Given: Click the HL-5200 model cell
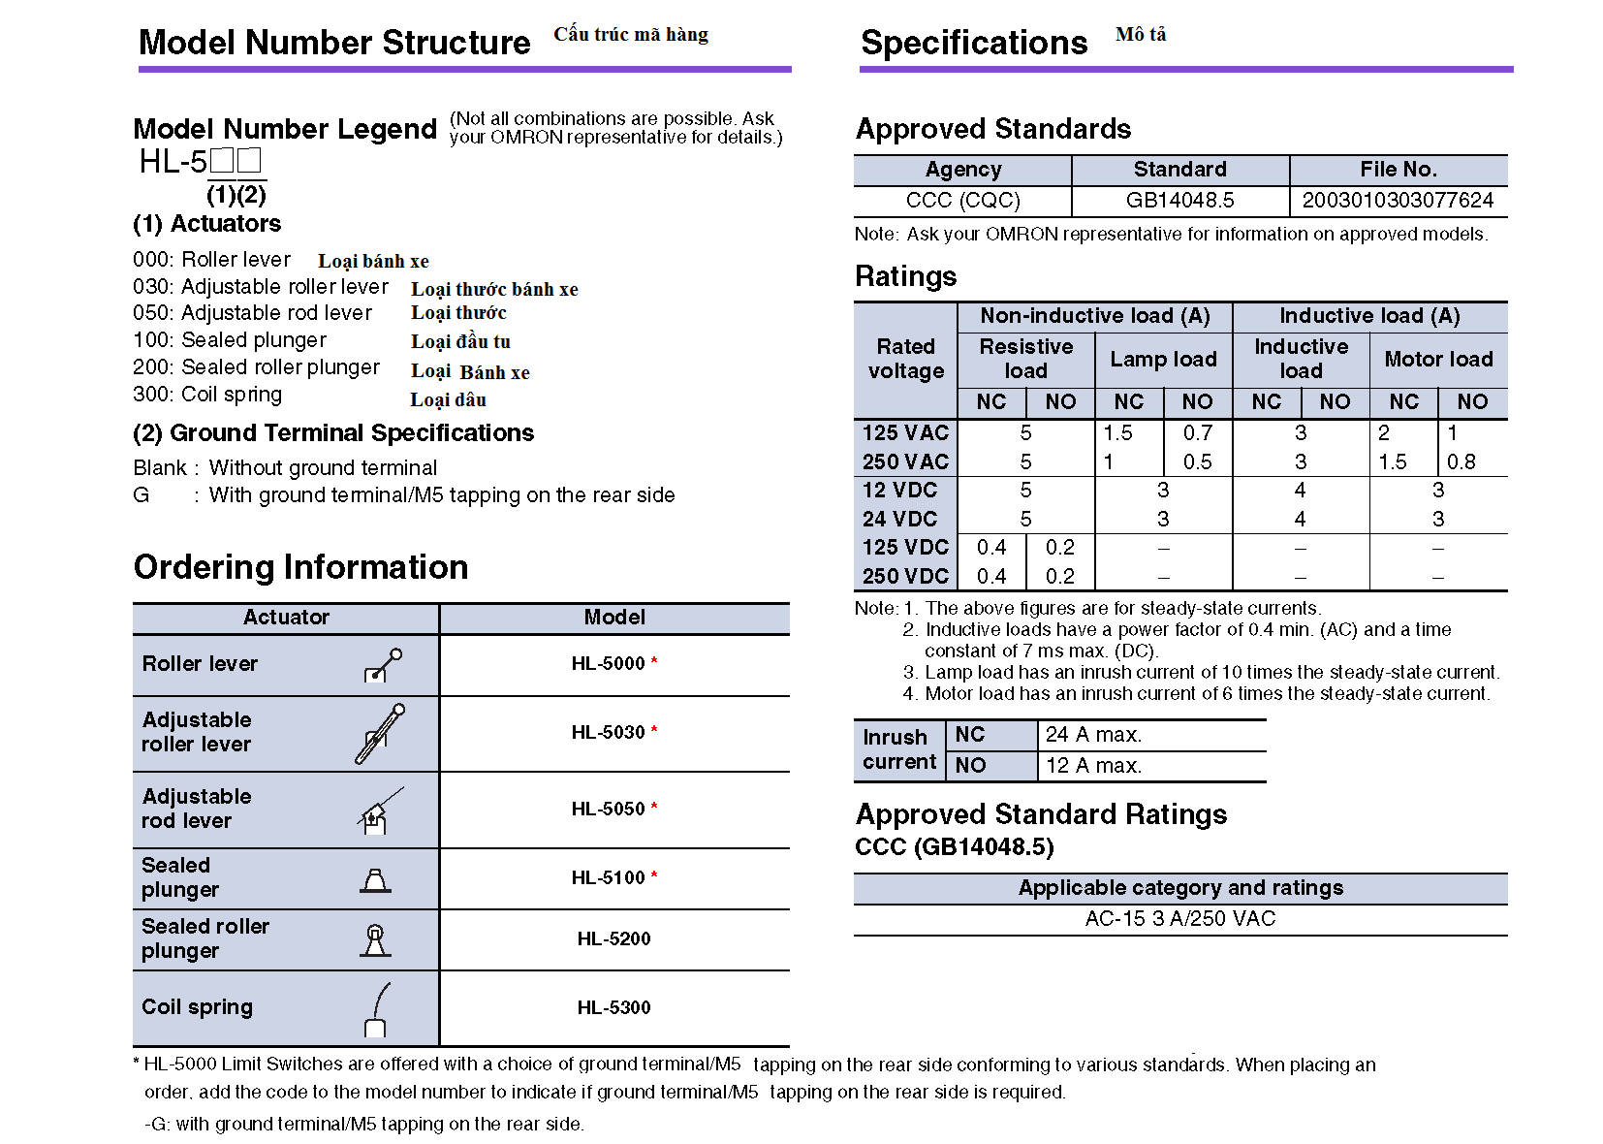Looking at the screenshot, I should tap(613, 938).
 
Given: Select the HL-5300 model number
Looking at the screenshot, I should tap(613, 1007).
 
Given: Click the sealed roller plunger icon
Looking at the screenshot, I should tap(375, 939).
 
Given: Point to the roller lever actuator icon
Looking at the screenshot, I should tap(383, 665).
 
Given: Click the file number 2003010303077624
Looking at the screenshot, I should tap(1398, 201).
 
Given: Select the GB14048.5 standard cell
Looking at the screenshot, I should tap(1179, 201).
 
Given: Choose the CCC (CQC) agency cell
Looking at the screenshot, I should tap(962, 201).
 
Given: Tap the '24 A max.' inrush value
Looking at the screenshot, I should tap(1093, 735).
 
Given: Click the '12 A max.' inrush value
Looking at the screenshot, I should tap(1093, 766).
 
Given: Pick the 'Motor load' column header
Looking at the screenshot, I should tap(1438, 360).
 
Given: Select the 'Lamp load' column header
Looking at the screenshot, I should tap(1163, 360).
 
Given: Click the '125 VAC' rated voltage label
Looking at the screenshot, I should tap(905, 433).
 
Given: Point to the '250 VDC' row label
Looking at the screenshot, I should tap(905, 577).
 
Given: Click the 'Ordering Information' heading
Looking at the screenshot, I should tap(300, 567).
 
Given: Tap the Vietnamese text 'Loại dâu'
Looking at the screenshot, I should tap(448, 399).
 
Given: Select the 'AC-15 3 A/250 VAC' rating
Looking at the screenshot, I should tap(1179, 919).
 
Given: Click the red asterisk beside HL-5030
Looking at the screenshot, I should tap(654, 730).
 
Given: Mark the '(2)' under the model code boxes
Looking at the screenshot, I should tap(252, 195).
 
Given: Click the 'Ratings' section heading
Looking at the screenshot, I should tap(905, 277).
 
